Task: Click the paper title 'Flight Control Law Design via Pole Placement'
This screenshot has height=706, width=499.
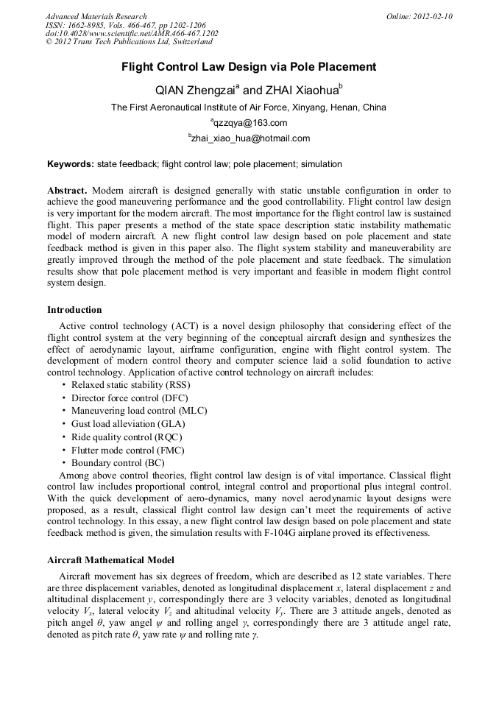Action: (x=249, y=67)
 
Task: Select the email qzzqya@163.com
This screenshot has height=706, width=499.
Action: (x=249, y=123)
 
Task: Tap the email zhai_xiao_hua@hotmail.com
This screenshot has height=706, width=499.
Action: (x=250, y=138)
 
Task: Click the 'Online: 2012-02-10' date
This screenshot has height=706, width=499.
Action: (x=420, y=16)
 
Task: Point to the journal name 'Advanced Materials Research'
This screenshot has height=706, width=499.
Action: (x=96, y=16)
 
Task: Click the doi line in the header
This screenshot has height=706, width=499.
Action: (x=132, y=34)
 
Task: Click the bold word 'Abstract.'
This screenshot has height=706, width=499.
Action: (x=68, y=191)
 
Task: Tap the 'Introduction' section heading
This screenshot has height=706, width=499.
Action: (x=74, y=310)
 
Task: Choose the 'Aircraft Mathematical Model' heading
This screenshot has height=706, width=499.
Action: (x=110, y=560)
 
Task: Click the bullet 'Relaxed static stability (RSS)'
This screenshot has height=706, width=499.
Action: (x=130, y=385)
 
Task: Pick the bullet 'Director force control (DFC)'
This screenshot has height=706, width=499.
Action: (x=125, y=398)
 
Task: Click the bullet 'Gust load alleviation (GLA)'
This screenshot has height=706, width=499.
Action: (x=128, y=424)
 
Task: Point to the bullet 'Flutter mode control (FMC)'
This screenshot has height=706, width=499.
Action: (x=127, y=450)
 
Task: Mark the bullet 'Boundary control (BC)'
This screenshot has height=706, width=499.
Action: (x=118, y=463)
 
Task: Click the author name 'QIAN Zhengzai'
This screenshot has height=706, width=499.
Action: (x=194, y=91)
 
